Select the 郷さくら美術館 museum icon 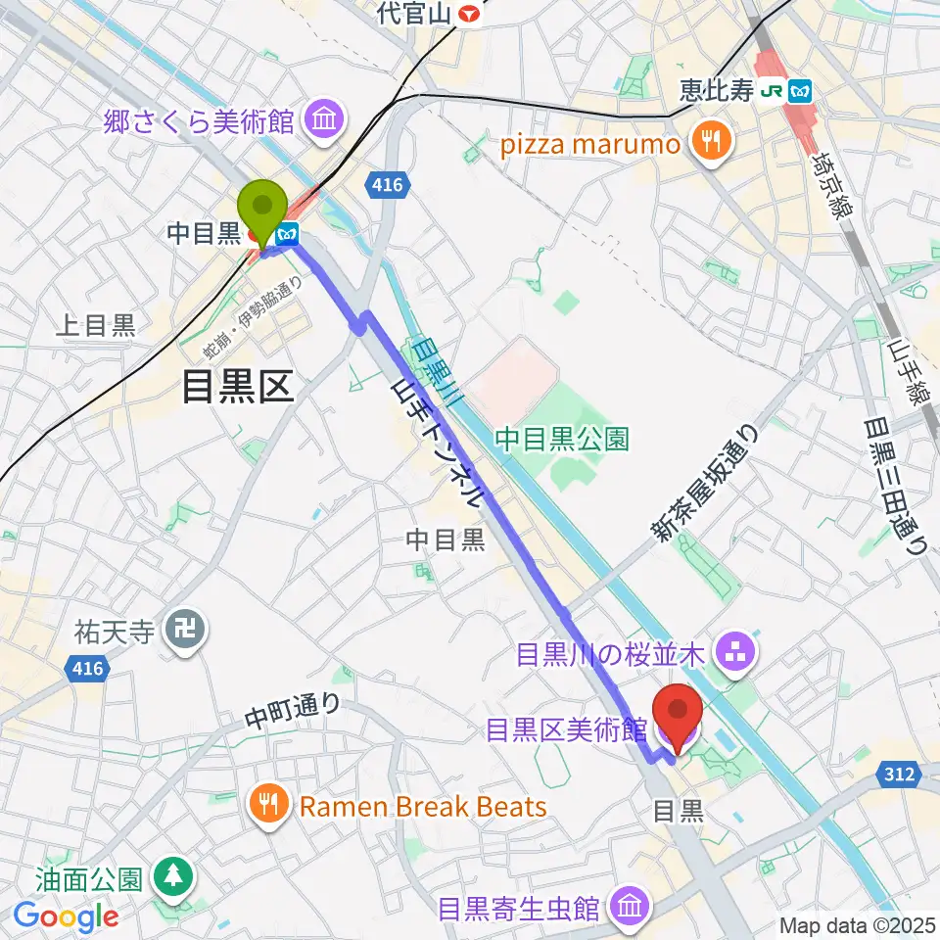click(x=322, y=121)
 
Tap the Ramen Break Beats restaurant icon click(x=269, y=806)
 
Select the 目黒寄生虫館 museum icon click(x=629, y=909)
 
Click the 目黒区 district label click(x=238, y=388)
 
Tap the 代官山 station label click(x=415, y=14)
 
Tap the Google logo click(x=66, y=916)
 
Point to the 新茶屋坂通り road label click(x=705, y=481)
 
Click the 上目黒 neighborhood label click(x=95, y=325)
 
